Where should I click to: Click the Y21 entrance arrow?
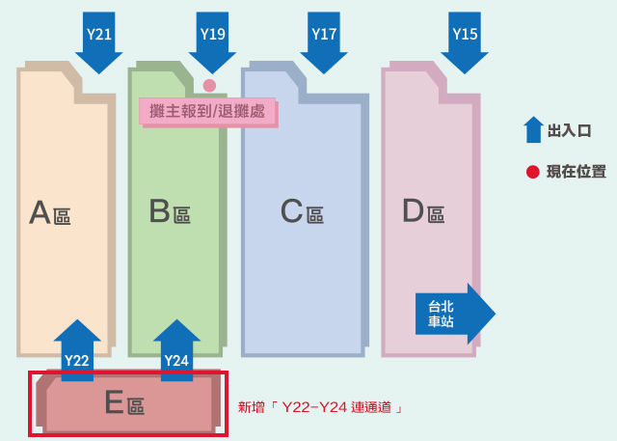(98, 41)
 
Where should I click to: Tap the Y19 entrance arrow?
(212, 41)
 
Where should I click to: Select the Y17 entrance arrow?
(324, 41)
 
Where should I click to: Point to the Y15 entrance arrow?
(465, 41)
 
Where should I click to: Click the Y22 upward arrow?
(77, 350)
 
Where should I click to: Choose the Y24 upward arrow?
(176, 350)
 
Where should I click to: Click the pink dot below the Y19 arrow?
(209, 85)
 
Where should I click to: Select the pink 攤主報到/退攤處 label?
(208, 113)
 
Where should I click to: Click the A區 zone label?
(50, 212)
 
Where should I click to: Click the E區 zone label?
(124, 402)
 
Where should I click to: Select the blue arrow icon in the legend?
(533, 129)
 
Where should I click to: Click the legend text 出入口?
(570, 130)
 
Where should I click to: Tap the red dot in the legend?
(533, 172)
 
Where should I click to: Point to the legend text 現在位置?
(577, 172)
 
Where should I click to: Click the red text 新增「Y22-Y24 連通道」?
(320, 407)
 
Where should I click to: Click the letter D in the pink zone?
(414, 210)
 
